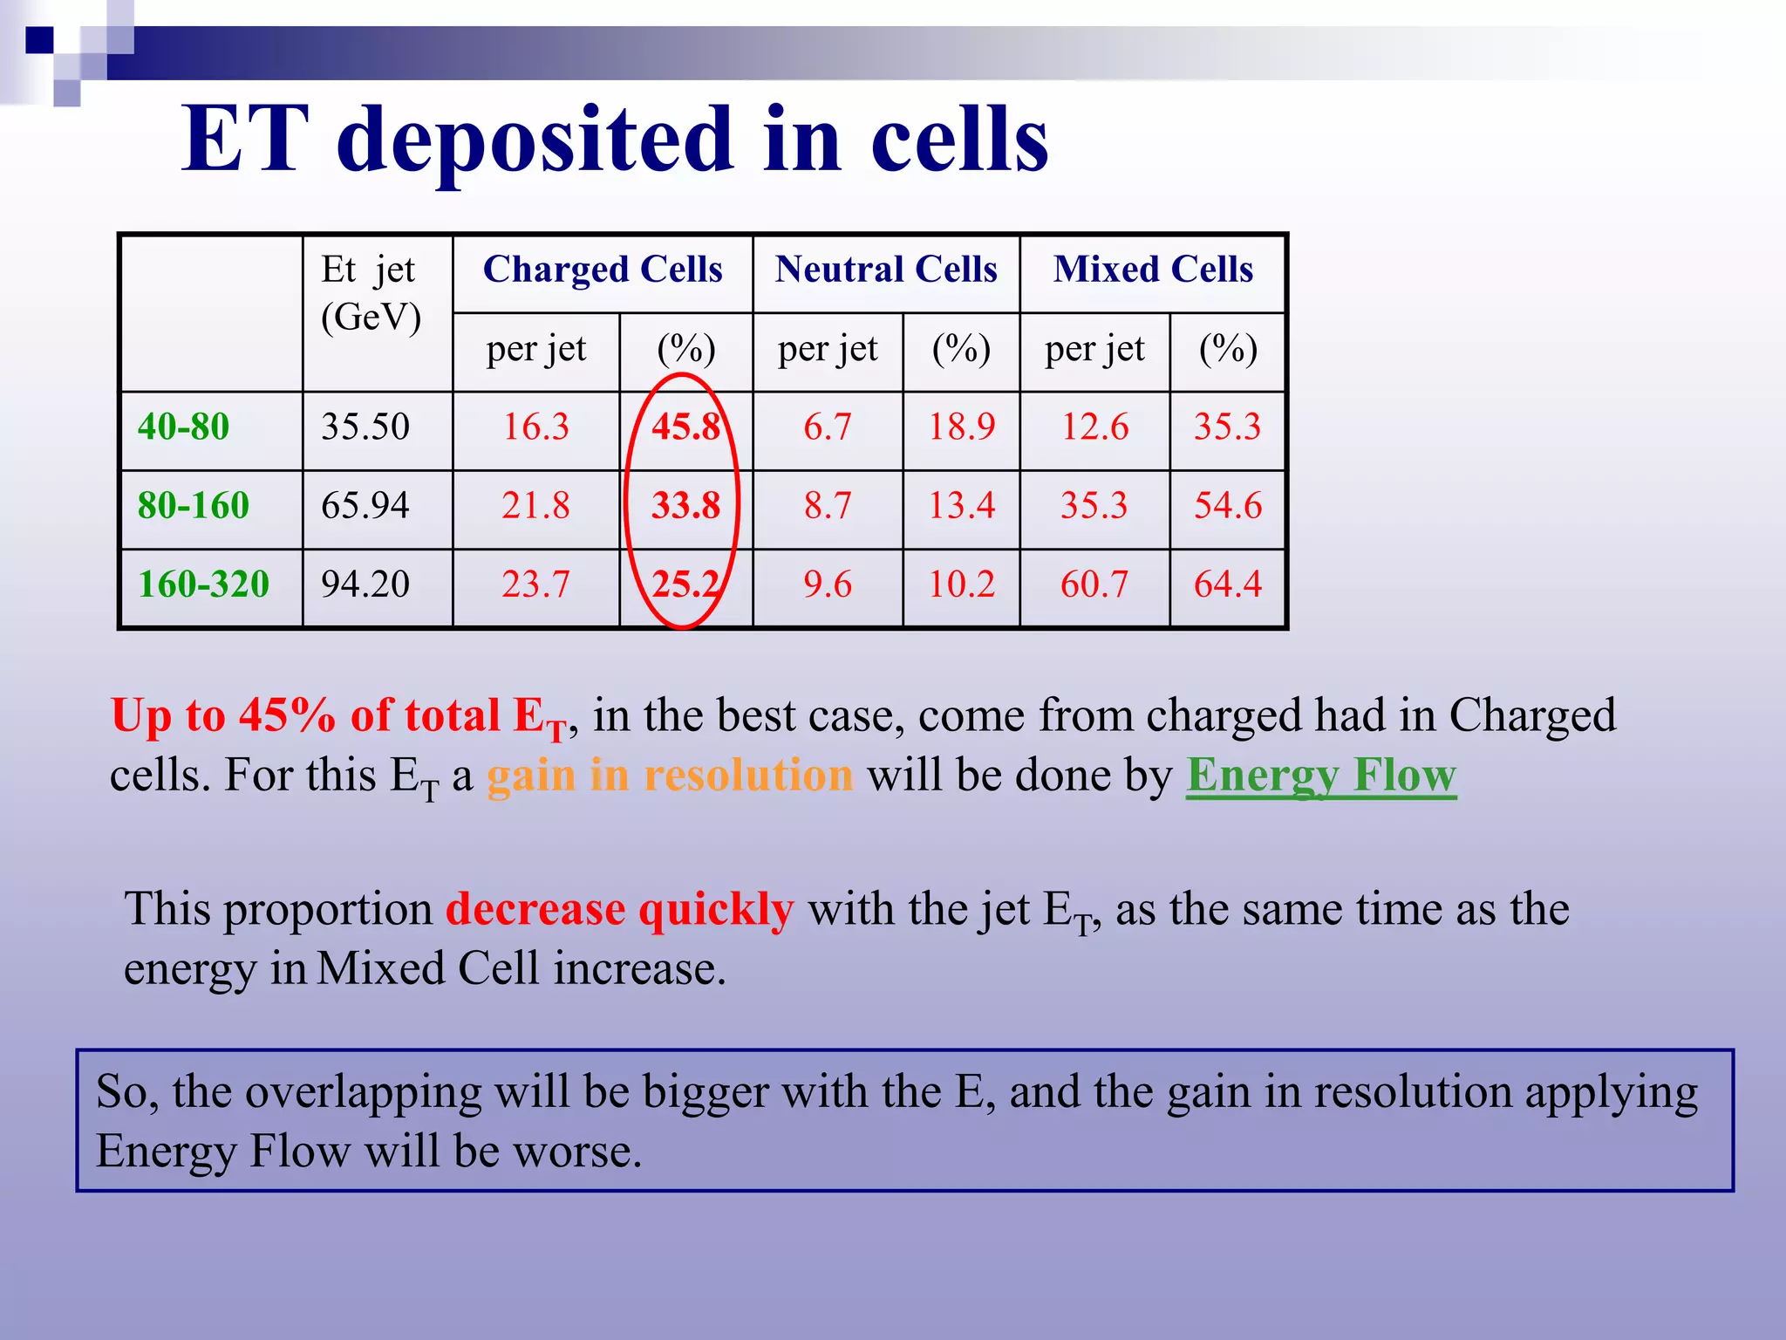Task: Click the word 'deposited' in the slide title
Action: click(534, 140)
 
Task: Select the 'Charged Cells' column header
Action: click(603, 270)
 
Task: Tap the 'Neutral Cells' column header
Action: click(886, 270)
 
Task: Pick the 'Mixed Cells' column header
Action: click(1153, 270)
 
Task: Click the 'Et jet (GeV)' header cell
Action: click(371, 294)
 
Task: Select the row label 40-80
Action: click(184, 427)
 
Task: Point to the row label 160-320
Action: click(204, 585)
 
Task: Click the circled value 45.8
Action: click(686, 427)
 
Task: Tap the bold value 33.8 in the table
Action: click(686, 506)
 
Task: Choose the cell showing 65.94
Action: click(365, 506)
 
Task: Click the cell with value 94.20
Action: click(365, 585)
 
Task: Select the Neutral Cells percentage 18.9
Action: click(961, 427)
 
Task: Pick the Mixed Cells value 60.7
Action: click(1094, 585)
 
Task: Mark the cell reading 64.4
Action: click(1228, 585)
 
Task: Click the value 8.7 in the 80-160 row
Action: click(828, 506)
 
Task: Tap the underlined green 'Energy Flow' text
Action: click(1321, 775)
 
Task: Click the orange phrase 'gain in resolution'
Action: click(670, 775)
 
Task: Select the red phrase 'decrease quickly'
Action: click(620, 909)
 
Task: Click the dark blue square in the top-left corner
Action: click(39, 40)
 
